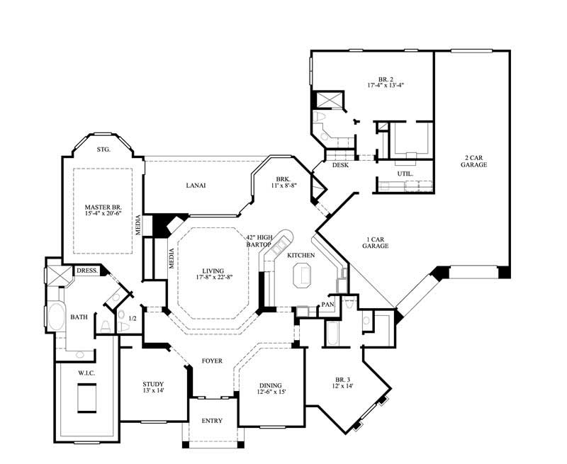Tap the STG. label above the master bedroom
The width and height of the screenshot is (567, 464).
[103, 149]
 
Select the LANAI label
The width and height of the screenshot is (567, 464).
[196, 186]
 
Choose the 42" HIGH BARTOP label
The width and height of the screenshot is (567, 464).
[259, 241]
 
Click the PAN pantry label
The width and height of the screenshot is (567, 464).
[327, 305]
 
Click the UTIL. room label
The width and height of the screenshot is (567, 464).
[405, 173]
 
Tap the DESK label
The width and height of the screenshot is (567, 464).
[339, 165]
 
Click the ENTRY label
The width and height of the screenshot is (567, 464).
[212, 421]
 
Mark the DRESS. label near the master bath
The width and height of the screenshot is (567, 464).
[87, 271]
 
